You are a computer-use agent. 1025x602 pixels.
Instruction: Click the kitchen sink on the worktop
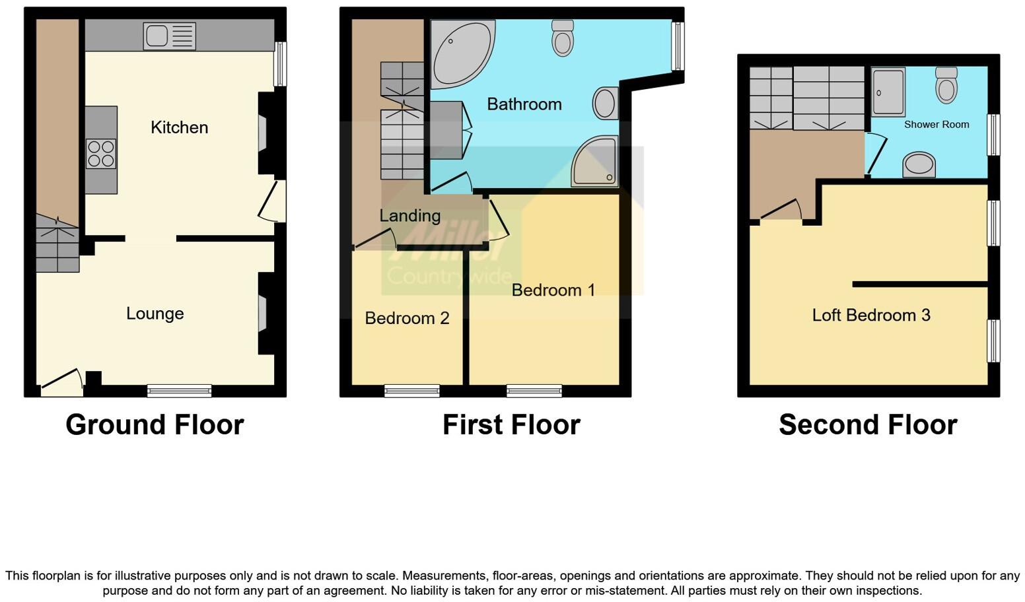tap(169, 36)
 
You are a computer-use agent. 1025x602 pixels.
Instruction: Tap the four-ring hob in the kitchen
tap(101, 154)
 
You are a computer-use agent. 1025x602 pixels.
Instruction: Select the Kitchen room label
tap(179, 127)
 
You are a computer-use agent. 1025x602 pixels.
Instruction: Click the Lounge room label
tap(155, 314)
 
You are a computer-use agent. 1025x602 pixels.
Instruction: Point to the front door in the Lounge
tap(63, 382)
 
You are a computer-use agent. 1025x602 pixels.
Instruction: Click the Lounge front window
tap(179, 391)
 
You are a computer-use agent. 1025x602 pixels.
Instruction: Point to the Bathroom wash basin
tap(605, 104)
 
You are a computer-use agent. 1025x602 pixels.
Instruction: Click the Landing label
tap(409, 216)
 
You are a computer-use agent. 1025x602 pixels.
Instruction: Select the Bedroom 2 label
tap(407, 318)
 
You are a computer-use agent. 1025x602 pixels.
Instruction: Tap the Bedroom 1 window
tap(534, 391)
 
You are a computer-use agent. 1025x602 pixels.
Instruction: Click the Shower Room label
tap(936, 124)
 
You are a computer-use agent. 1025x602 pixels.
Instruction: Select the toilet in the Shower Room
tap(946, 86)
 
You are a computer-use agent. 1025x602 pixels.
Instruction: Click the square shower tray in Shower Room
tap(888, 92)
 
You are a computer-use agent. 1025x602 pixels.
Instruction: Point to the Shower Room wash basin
tap(919, 164)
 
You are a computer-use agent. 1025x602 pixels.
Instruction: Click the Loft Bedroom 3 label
tap(870, 316)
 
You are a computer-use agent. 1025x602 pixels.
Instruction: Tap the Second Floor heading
tap(867, 424)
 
